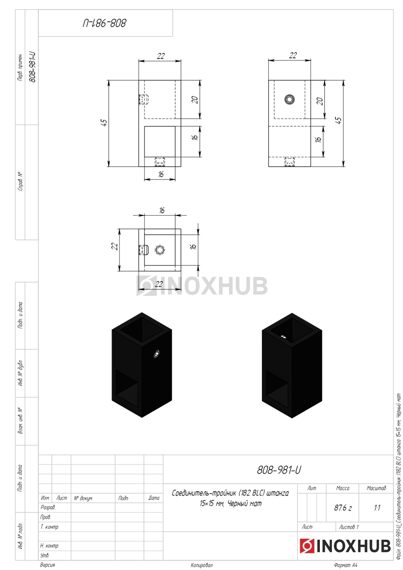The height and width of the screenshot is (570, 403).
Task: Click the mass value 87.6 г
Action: (x=343, y=508)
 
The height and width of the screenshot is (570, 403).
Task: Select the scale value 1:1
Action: (x=377, y=508)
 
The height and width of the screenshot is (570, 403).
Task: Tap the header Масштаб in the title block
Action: (x=376, y=488)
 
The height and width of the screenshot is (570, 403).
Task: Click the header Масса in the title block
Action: (x=343, y=488)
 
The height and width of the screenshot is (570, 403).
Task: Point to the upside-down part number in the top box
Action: (x=104, y=23)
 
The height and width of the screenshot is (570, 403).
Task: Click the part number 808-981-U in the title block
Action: (x=279, y=470)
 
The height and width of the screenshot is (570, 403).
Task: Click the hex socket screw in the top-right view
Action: (x=290, y=99)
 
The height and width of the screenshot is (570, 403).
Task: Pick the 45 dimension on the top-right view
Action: (x=338, y=120)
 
